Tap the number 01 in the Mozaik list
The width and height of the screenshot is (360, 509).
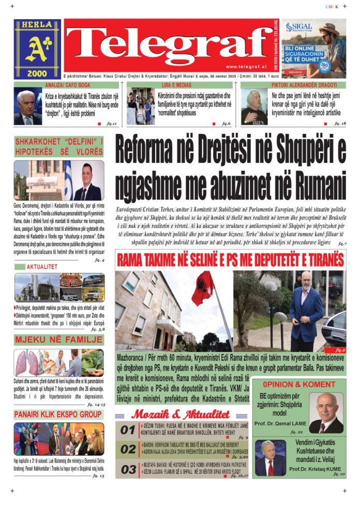click(128, 430)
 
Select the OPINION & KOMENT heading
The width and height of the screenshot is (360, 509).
click(298, 384)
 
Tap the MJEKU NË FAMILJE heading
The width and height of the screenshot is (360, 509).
click(58, 340)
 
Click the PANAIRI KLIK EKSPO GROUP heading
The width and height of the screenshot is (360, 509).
click(58, 414)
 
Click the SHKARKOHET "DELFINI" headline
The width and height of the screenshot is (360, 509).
click(58, 146)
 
